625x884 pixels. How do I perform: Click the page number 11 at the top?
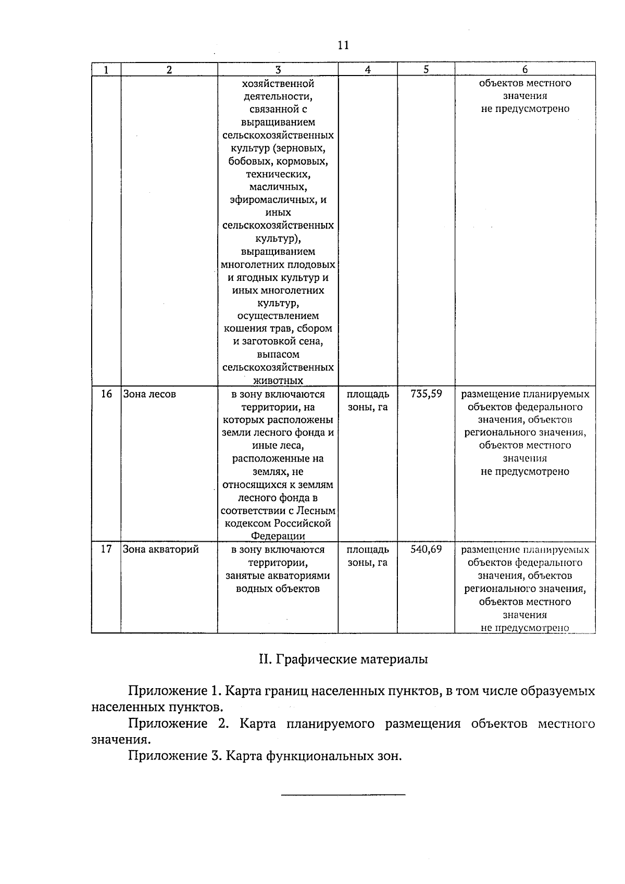[x=343, y=45]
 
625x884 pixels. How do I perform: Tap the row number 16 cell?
[x=106, y=394]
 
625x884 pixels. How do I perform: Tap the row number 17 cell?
[x=106, y=550]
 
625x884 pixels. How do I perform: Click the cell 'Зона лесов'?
[x=149, y=394]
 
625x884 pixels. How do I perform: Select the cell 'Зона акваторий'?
[x=161, y=550]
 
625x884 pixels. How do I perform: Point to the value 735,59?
[x=426, y=394]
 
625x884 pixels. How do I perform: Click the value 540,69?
[x=426, y=550]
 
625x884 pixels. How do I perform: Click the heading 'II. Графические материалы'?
[x=343, y=659]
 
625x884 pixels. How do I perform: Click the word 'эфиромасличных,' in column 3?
[x=278, y=200]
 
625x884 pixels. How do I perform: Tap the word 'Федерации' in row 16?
[x=278, y=536]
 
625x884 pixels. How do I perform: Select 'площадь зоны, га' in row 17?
[x=368, y=556]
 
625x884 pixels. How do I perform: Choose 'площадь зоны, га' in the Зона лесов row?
[x=368, y=401]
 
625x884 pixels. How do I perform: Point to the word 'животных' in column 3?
[x=278, y=381]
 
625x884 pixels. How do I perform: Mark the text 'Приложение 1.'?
[x=175, y=691]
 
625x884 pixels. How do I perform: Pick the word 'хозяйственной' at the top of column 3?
[x=278, y=83]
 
